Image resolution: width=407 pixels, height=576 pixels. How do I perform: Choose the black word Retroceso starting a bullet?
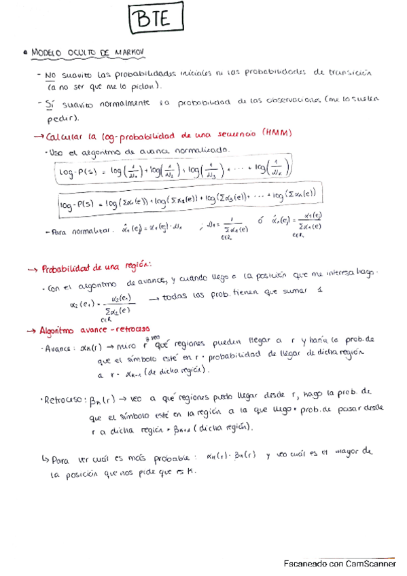tap(61, 399)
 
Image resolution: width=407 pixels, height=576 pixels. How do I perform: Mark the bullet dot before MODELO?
tap(24, 52)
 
